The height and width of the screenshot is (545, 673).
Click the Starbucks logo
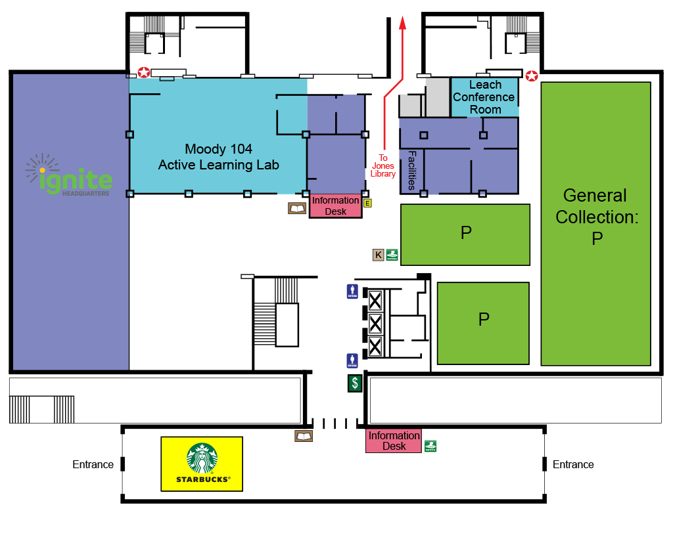[202, 459]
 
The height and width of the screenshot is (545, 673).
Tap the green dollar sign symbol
[355, 383]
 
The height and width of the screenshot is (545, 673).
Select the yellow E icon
[368, 203]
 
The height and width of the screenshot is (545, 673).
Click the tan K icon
[378, 255]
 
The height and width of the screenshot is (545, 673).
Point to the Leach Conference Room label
[485, 97]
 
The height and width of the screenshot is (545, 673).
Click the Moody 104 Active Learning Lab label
[218, 157]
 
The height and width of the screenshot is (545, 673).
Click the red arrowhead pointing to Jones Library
[403, 24]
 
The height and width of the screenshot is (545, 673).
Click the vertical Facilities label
[412, 171]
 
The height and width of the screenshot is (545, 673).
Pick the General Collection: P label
[596, 217]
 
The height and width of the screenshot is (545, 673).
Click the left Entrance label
[93, 464]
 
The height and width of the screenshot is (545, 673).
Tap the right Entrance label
[573, 464]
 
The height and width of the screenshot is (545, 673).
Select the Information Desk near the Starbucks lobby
[394, 441]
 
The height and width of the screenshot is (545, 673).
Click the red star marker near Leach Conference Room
[532, 76]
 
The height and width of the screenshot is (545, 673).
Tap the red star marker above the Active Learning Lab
[143, 72]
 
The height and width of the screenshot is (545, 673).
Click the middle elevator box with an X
[375, 323]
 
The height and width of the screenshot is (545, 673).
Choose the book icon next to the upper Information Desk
[297, 208]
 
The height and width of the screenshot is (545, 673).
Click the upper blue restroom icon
[352, 292]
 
